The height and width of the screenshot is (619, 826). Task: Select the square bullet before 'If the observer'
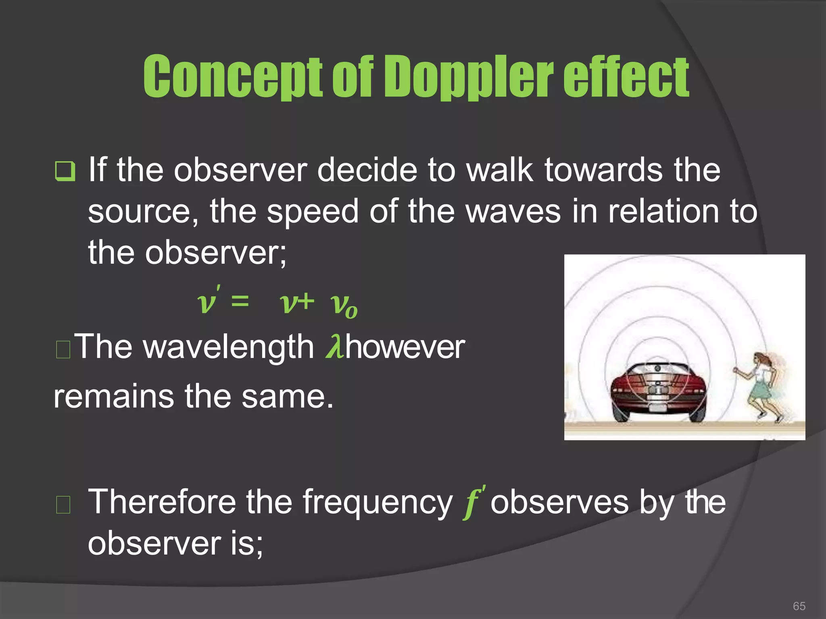click(65, 171)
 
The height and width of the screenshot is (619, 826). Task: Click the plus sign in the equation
click(305, 301)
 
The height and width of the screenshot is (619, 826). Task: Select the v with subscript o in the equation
click(343, 305)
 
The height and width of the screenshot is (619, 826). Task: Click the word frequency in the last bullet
click(377, 503)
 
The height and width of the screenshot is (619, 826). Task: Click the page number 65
click(799, 606)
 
